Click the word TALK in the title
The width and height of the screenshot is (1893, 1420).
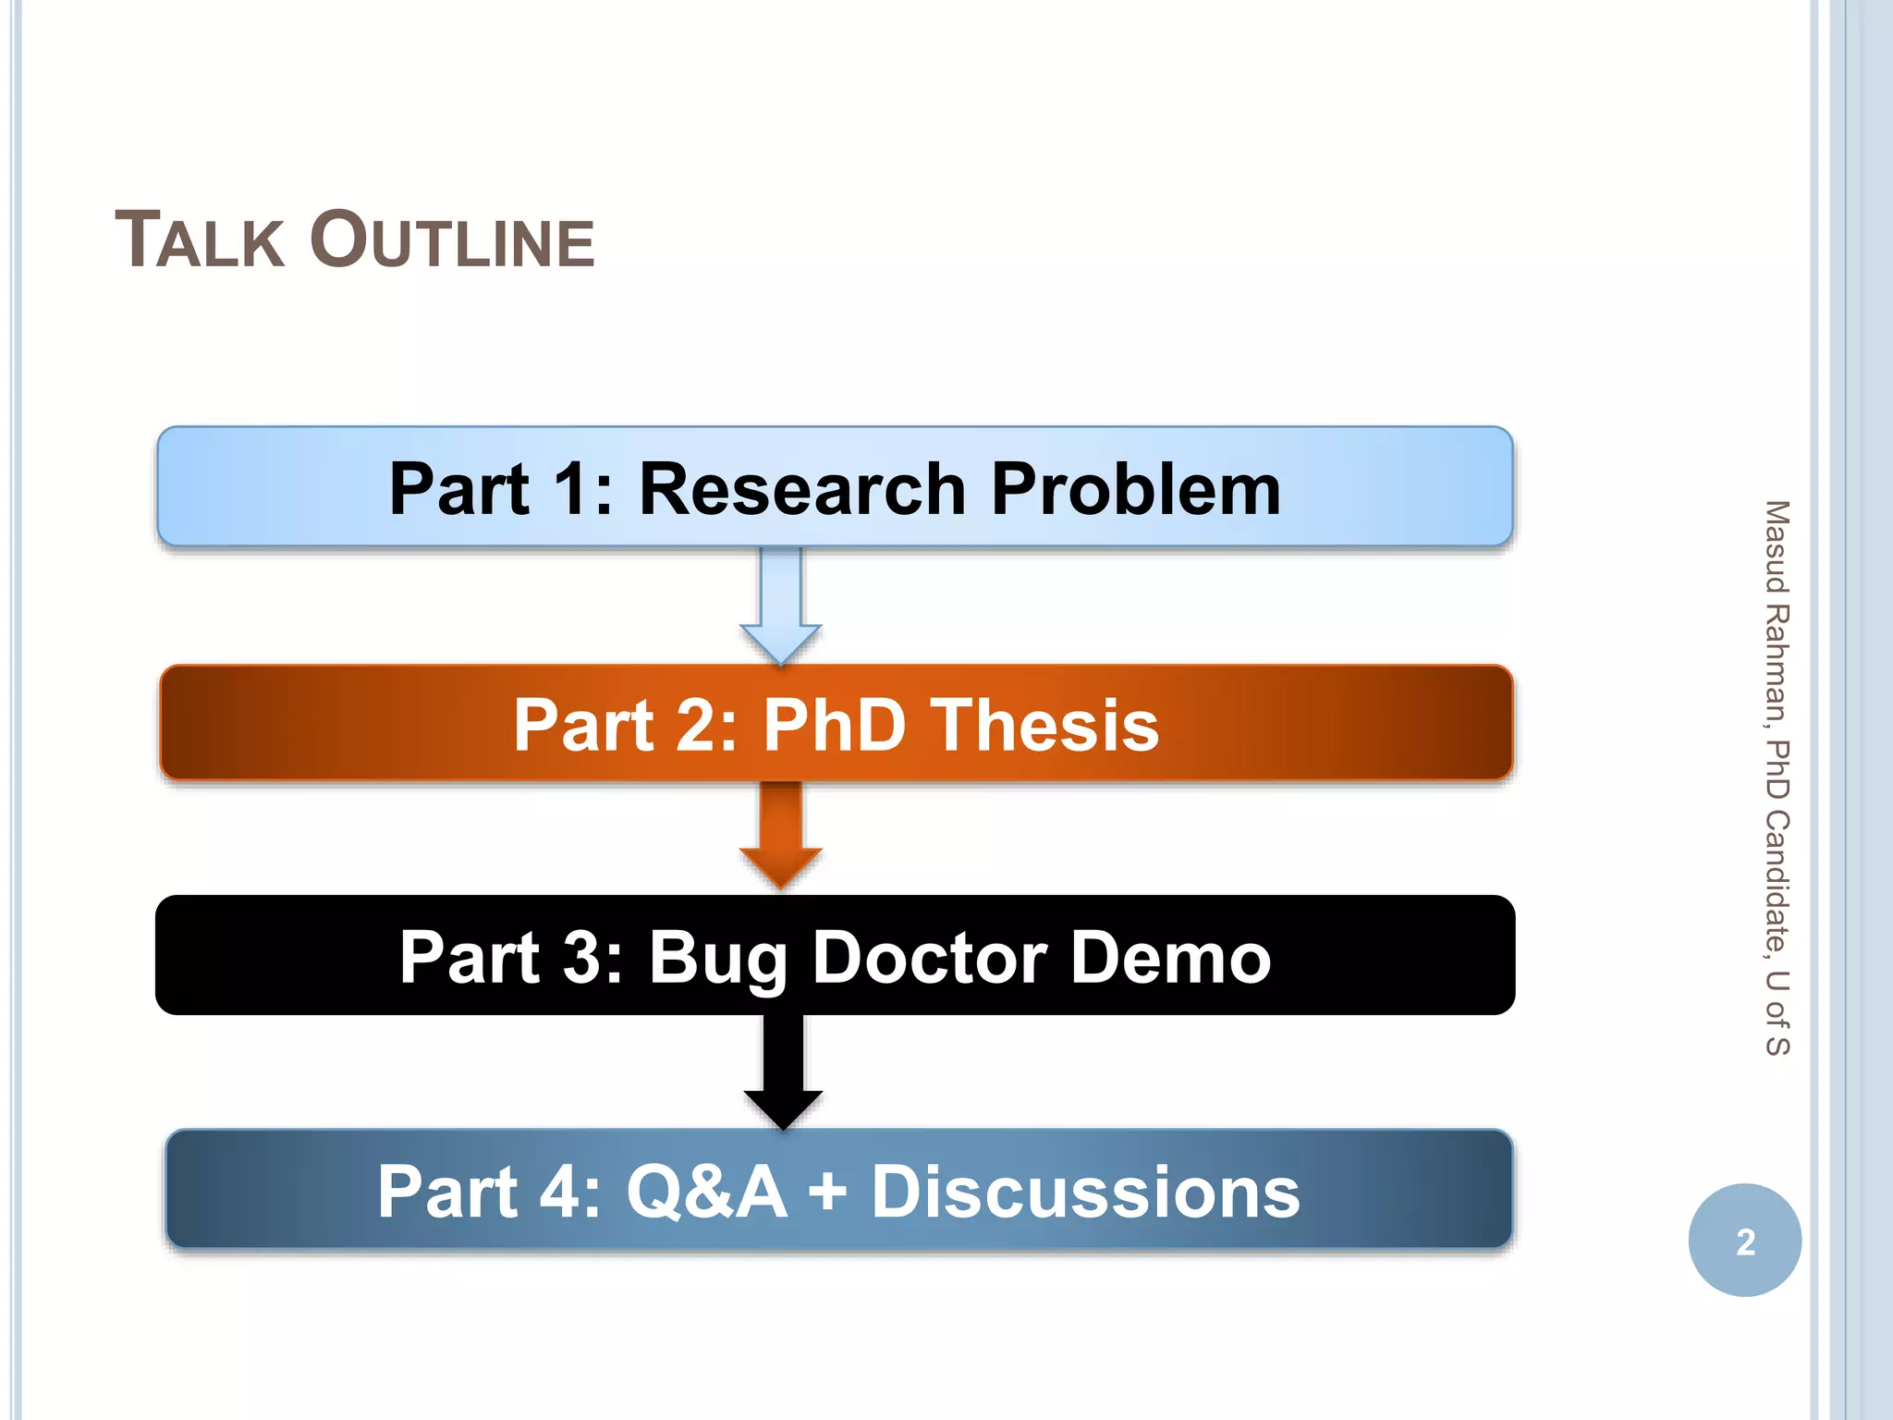coord(200,240)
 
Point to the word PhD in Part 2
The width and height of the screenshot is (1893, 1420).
coord(834,725)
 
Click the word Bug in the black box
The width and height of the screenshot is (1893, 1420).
coord(717,958)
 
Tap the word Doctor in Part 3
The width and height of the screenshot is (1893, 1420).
coord(929,958)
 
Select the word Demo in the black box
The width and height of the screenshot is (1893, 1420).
coord(1171,958)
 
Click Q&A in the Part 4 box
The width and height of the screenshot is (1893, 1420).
coord(707,1193)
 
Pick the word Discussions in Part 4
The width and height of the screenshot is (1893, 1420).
coord(1085,1193)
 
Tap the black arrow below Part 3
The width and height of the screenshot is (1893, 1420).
coord(783,1072)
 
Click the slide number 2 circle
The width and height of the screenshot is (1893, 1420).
coord(1744,1241)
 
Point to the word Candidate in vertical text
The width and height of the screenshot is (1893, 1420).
coord(1777,883)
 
